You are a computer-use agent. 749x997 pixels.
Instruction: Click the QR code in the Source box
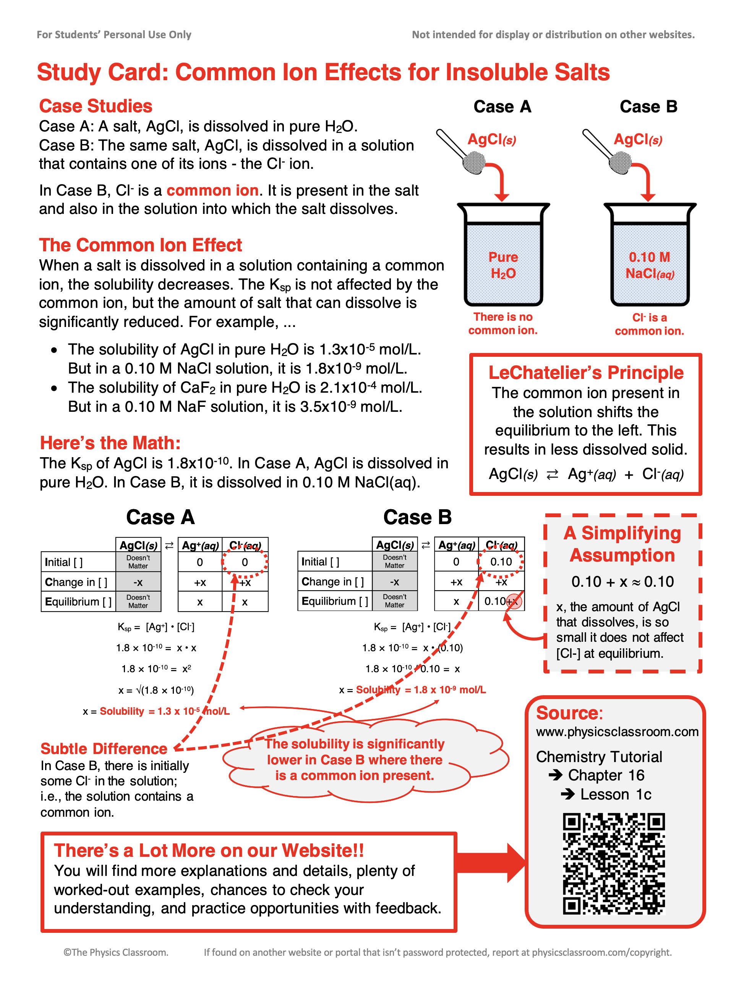tap(613, 863)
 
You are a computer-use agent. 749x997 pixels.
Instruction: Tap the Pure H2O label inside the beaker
tap(503, 265)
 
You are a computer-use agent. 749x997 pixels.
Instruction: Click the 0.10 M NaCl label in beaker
tap(649, 265)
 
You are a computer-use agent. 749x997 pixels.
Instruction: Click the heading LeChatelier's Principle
tap(586, 373)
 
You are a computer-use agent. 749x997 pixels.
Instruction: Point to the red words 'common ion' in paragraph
tap(212, 190)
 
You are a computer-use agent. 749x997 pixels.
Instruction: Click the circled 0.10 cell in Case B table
tap(501, 562)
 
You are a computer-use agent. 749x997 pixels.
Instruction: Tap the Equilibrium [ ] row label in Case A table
tap(78, 602)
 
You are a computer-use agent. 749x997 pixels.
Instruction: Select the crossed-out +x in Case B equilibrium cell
tap(514, 601)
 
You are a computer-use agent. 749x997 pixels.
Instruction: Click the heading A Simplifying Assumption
tap(622, 544)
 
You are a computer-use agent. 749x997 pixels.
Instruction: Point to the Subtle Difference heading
tap(104, 749)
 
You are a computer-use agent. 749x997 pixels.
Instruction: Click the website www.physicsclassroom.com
tap(617, 732)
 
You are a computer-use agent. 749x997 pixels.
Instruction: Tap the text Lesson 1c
tap(615, 794)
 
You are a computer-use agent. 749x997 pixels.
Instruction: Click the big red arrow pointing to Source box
tap(491, 863)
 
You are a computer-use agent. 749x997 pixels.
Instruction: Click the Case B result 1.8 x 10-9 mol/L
tap(449, 689)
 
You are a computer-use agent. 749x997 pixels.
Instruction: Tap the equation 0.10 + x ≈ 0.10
tap(622, 581)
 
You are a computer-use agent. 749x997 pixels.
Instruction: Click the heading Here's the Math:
tap(110, 443)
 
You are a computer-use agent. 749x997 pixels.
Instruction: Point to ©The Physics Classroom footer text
tap(116, 952)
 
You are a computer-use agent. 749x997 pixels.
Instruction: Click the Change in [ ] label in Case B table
tap(332, 581)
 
